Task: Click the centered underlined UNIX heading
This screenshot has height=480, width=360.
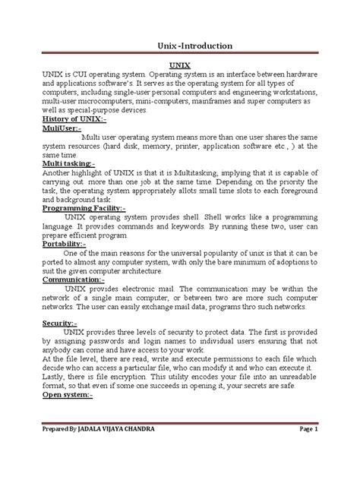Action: [179, 67]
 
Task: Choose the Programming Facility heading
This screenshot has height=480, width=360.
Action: [84, 207]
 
